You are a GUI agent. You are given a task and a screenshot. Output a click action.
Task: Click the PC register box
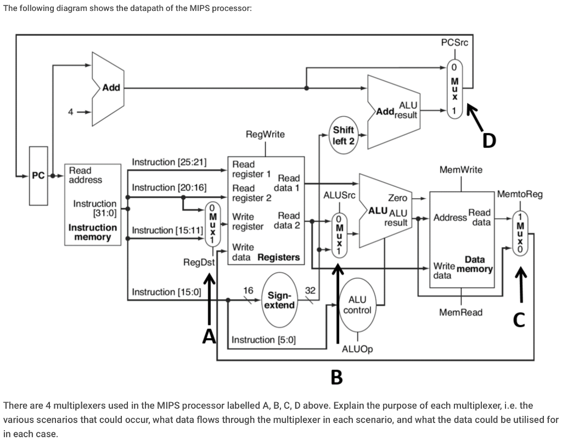pos(38,176)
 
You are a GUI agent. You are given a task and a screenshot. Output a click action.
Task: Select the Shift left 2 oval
pos(344,135)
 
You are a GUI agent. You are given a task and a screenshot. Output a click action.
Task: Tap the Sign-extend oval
pos(279,300)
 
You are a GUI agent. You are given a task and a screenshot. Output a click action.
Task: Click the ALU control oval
pos(357,305)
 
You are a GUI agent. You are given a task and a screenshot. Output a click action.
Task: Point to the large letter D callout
pos(489,141)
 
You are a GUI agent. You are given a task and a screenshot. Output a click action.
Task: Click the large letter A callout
pos(209,336)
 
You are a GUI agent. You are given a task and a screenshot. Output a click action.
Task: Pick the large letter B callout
pos(336,378)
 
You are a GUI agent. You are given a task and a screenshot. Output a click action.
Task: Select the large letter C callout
pos(519,319)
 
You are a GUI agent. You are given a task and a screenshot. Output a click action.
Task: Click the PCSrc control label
pos(454,43)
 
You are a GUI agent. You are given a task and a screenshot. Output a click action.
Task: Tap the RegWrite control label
pos(265,134)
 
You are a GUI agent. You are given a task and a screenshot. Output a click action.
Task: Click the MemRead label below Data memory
pos(461,312)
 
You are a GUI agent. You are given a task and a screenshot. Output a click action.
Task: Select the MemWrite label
pos(461,170)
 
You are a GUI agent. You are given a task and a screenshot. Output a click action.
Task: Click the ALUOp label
pos(357,349)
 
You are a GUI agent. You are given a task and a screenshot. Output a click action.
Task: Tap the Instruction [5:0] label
pos(264,340)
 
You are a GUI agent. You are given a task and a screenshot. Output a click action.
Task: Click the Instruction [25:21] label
pos(169,162)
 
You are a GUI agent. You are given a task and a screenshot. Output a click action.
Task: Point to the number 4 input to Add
pos(71,112)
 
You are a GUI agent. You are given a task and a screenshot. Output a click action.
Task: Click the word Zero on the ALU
pos(398,198)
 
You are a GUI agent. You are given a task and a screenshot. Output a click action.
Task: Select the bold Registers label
pos(279,258)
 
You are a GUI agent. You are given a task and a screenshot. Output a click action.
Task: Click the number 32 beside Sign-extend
pos(311,290)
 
